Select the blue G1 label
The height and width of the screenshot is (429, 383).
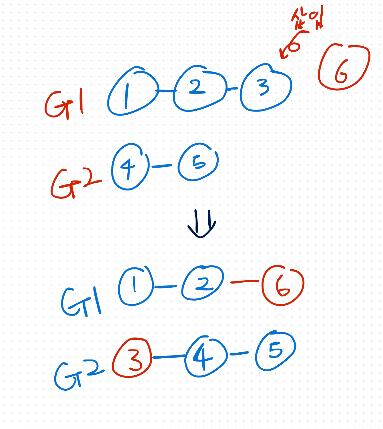(81, 302)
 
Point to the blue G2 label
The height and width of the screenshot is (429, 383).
(78, 375)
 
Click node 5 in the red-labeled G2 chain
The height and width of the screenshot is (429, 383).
(198, 162)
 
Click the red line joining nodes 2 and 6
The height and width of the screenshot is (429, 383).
(245, 282)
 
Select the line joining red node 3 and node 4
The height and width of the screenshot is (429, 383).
(169, 357)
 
